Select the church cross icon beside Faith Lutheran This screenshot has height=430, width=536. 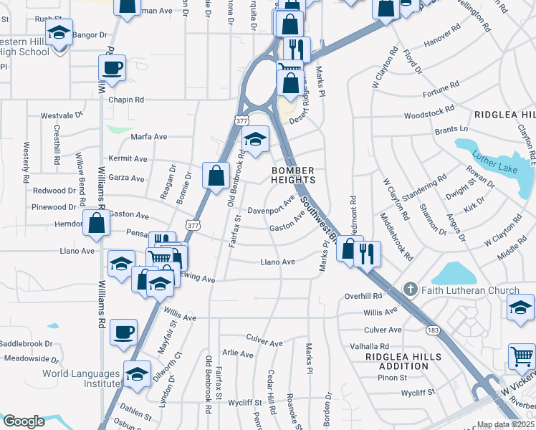pyautogui.click(x=410, y=290)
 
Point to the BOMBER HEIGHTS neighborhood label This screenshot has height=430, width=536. pyautogui.click(x=293, y=175)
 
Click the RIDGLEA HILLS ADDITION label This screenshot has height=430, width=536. pyautogui.click(x=397, y=360)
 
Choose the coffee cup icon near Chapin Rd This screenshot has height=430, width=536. pyautogui.click(x=113, y=68)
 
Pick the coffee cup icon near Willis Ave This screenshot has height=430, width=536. pyautogui.click(x=124, y=332)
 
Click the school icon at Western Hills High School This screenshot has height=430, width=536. pyautogui.click(x=59, y=32)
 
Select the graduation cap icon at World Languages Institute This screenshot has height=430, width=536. pyautogui.click(x=138, y=374)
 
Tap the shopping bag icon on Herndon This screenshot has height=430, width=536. pyautogui.click(x=96, y=222)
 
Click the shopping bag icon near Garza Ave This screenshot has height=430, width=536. pyautogui.click(x=216, y=175)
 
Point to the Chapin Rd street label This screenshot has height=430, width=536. pyautogui.click(x=126, y=100)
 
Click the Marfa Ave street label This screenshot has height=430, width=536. pyautogui.click(x=148, y=137)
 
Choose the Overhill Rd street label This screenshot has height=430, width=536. pyautogui.click(x=363, y=295)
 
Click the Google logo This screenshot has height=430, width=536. pyautogui.click(x=24, y=421)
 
